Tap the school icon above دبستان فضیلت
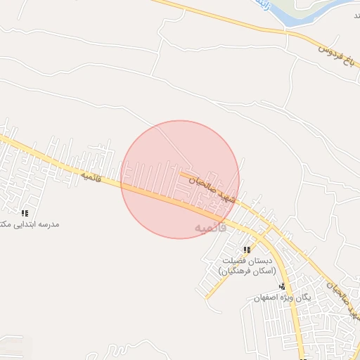tap(247, 250)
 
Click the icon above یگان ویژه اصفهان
tap(282, 286)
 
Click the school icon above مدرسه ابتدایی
tap(25, 213)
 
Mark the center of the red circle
tap(180, 179)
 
